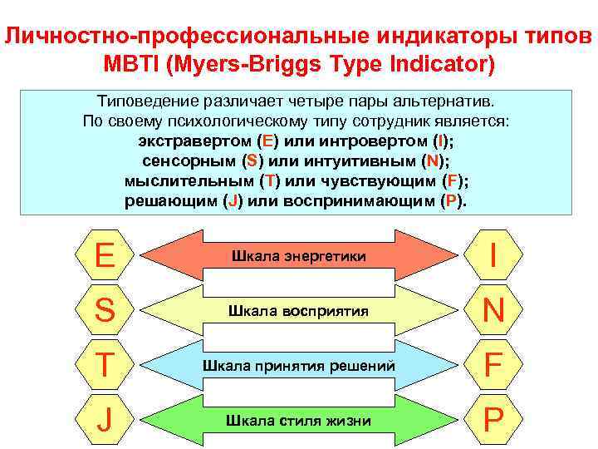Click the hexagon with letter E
pos(105,254)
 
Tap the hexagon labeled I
pos(493,254)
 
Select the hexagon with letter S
pos(105,310)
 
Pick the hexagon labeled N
pos(493,310)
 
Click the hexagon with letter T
pos(105,365)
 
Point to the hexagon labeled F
pos(493,365)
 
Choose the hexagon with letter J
pos(105,420)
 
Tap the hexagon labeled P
pos(493,420)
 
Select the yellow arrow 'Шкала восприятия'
pos(299,311)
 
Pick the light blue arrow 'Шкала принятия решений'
pos(299,366)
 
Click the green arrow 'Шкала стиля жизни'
pos(299,421)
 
